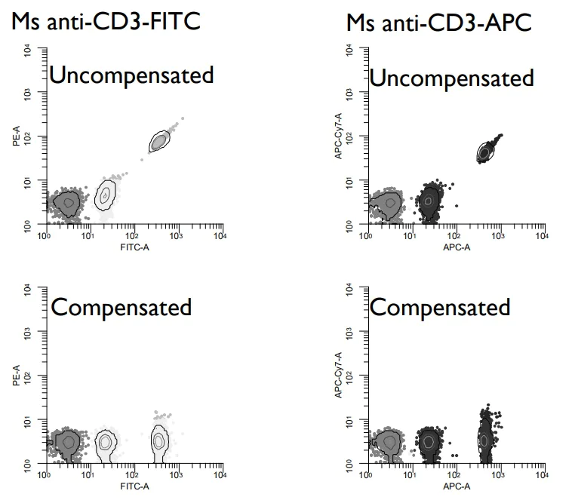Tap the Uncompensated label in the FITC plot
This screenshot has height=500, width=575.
coord(131,75)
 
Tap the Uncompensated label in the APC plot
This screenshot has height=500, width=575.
coord(451,78)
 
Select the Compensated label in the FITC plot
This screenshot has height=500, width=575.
coord(121,307)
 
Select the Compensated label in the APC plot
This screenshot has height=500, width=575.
coord(440,307)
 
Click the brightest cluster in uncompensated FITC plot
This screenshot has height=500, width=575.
coord(158,141)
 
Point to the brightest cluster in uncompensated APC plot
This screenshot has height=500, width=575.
coord(485,152)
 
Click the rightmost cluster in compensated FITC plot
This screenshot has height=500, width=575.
coord(159,440)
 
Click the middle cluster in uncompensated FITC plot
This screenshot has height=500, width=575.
coord(106,195)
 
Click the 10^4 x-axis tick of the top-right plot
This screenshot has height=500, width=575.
coord(541,236)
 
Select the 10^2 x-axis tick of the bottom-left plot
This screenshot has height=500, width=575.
coord(132,475)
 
